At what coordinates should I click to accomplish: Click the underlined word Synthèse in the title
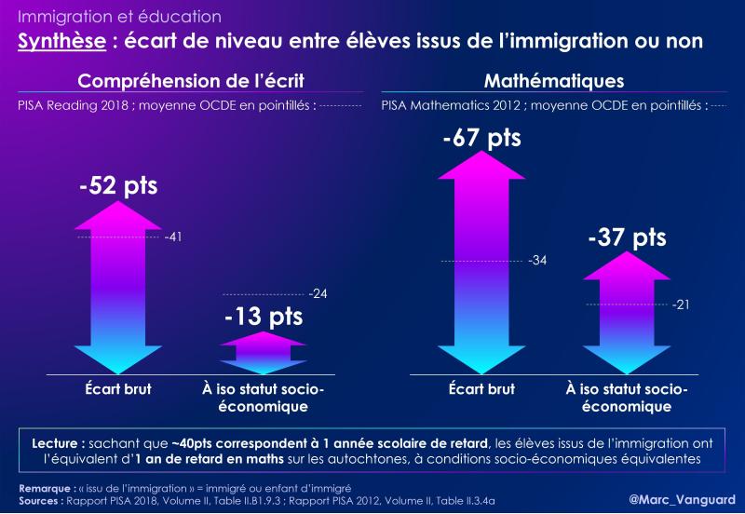(x=61, y=41)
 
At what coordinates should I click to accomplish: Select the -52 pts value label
(x=118, y=185)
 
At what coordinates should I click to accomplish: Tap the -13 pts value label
(x=264, y=317)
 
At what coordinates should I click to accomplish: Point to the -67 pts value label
(x=481, y=138)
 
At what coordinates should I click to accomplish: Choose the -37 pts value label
(x=627, y=237)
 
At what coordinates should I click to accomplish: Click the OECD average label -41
(x=173, y=237)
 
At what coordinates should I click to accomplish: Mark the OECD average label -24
(x=318, y=294)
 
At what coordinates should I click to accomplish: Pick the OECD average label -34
(x=537, y=261)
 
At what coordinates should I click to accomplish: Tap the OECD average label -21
(x=681, y=304)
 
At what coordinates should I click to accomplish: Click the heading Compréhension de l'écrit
(x=191, y=81)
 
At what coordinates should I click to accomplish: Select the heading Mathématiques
(x=554, y=81)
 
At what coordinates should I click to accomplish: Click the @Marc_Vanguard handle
(x=683, y=499)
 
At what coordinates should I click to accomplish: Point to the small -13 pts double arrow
(x=263, y=353)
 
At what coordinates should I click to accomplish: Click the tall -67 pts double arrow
(x=481, y=263)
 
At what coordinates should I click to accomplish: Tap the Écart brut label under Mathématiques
(x=481, y=389)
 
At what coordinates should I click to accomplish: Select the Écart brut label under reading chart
(x=118, y=389)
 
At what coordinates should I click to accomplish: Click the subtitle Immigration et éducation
(x=119, y=17)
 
